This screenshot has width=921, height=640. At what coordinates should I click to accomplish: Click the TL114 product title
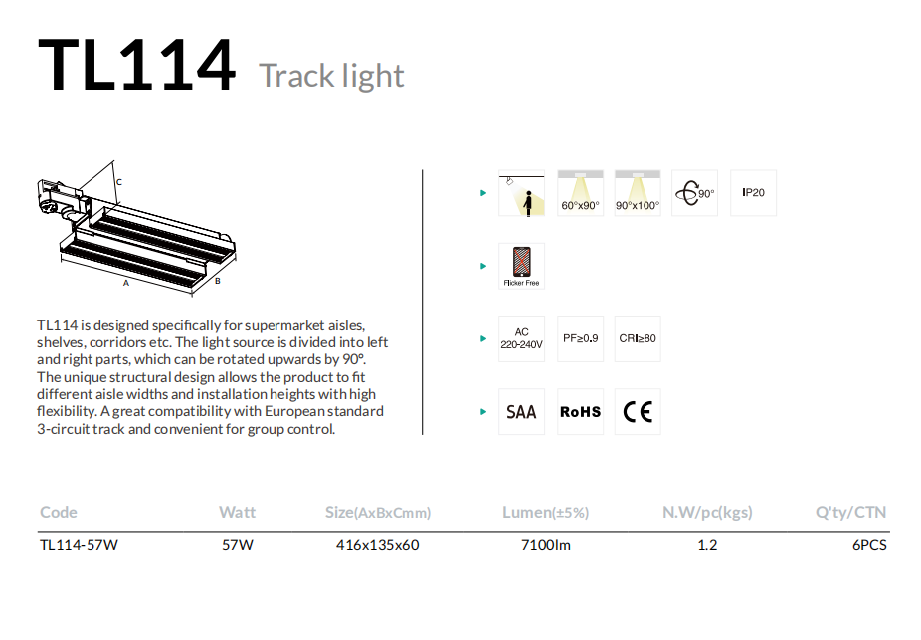pos(137,64)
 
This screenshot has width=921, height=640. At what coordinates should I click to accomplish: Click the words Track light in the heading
pos(331,76)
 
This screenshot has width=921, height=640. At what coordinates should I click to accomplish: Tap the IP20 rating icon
pos(753,193)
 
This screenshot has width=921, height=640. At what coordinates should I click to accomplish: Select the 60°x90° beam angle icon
pos(580,193)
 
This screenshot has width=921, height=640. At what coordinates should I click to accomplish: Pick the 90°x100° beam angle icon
pos(638,193)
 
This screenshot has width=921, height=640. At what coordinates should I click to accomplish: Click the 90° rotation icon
pos(695,193)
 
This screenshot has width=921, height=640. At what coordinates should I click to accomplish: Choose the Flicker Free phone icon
pos(521,266)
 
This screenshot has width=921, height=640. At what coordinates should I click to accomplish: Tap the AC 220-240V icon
pos(521,338)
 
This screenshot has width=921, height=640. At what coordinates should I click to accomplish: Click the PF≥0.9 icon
pos(580,338)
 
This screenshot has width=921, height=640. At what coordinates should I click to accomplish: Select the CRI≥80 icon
pos(638,338)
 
